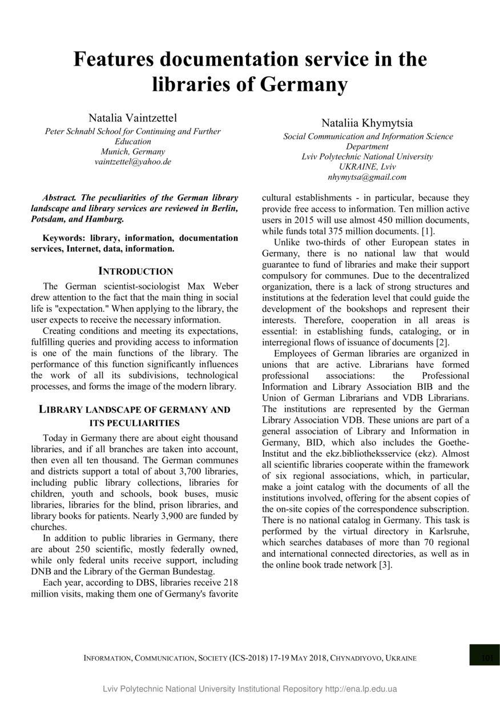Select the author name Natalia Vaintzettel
pos(132,118)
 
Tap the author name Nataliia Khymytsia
pos(367,123)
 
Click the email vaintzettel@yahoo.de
pos(133,162)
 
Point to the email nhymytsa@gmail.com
pos(368,177)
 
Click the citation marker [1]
pos(428,231)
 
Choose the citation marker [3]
pos(386,565)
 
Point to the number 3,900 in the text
pos(168,516)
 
